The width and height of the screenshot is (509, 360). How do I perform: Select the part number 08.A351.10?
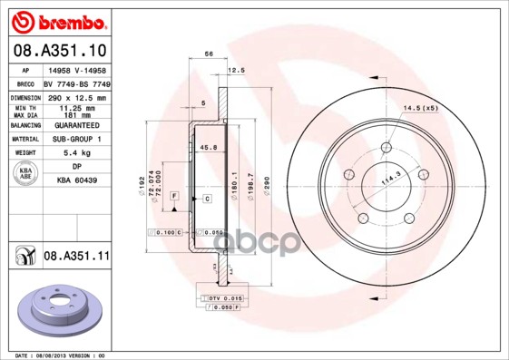pos(59,50)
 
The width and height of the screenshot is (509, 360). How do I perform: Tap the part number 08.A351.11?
pos(76,257)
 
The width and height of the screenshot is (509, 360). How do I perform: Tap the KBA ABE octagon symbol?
pos(24,174)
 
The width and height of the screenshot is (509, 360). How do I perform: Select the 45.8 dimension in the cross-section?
pos(208,148)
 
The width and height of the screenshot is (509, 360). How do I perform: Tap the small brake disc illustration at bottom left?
pos(61,311)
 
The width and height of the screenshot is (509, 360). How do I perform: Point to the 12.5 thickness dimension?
pos(237,70)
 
